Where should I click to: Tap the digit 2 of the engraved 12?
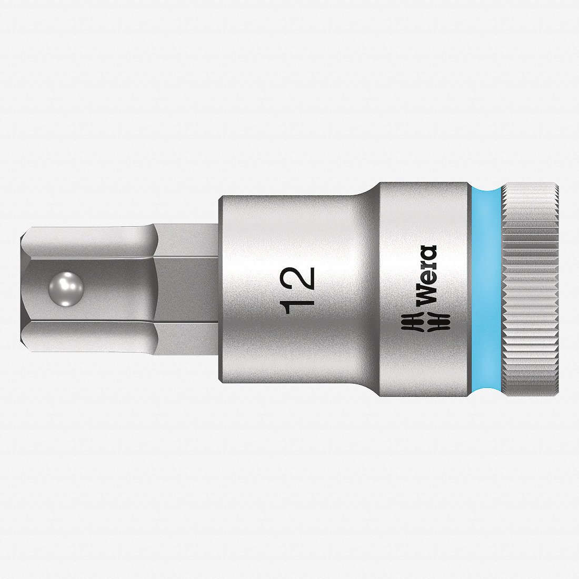tap(300, 278)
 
